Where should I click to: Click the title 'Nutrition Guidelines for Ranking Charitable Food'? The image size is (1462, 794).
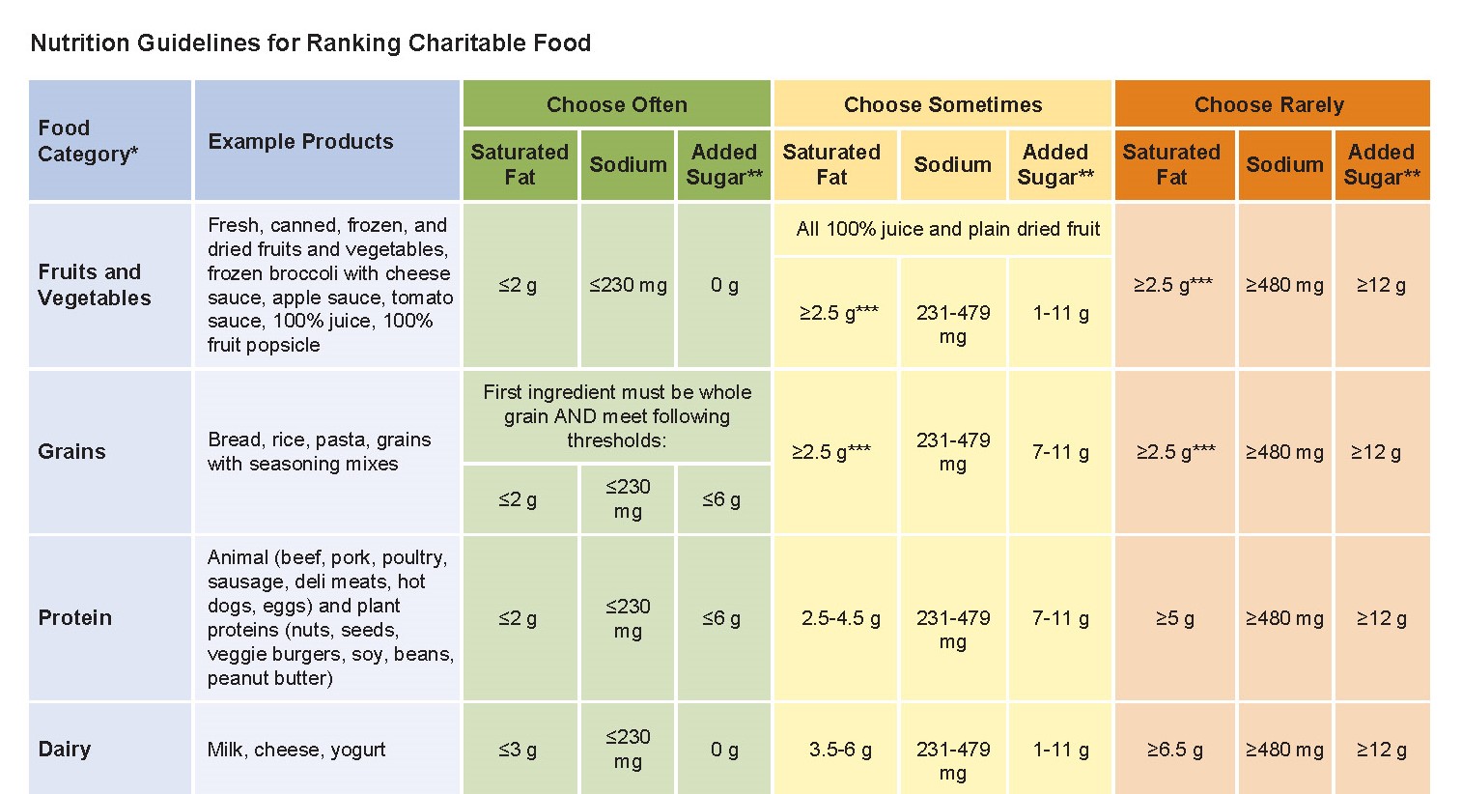(310, 43)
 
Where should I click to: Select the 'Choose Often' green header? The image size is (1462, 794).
(616, 104)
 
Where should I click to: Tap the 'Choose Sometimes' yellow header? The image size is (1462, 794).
(942, 104)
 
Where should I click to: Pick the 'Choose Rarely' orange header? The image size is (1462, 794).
(1269, 104)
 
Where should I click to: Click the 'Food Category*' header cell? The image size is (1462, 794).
(88, 141)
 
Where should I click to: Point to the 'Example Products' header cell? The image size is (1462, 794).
(300, 141)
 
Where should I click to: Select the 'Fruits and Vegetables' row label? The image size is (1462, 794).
(95, 285)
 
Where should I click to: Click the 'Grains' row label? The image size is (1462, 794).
(71, 451)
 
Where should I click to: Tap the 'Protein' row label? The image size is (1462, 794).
(75, 617)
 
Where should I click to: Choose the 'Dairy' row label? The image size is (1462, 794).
(65, 749)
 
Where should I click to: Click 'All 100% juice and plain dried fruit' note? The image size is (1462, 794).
(947, 229)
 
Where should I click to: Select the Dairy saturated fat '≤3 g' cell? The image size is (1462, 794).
(518, 749)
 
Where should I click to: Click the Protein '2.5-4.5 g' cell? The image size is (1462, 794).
(840, 618)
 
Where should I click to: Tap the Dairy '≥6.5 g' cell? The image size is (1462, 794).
(1174, 749)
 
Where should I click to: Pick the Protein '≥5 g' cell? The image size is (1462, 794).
(1174, 618)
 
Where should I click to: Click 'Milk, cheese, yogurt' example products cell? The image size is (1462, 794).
(296, 749)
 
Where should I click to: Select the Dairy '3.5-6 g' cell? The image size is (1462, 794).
(840, 749)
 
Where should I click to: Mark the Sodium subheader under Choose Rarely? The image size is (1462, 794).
(1284, 164)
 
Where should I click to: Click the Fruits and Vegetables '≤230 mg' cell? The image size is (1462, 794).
(628, 285)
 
